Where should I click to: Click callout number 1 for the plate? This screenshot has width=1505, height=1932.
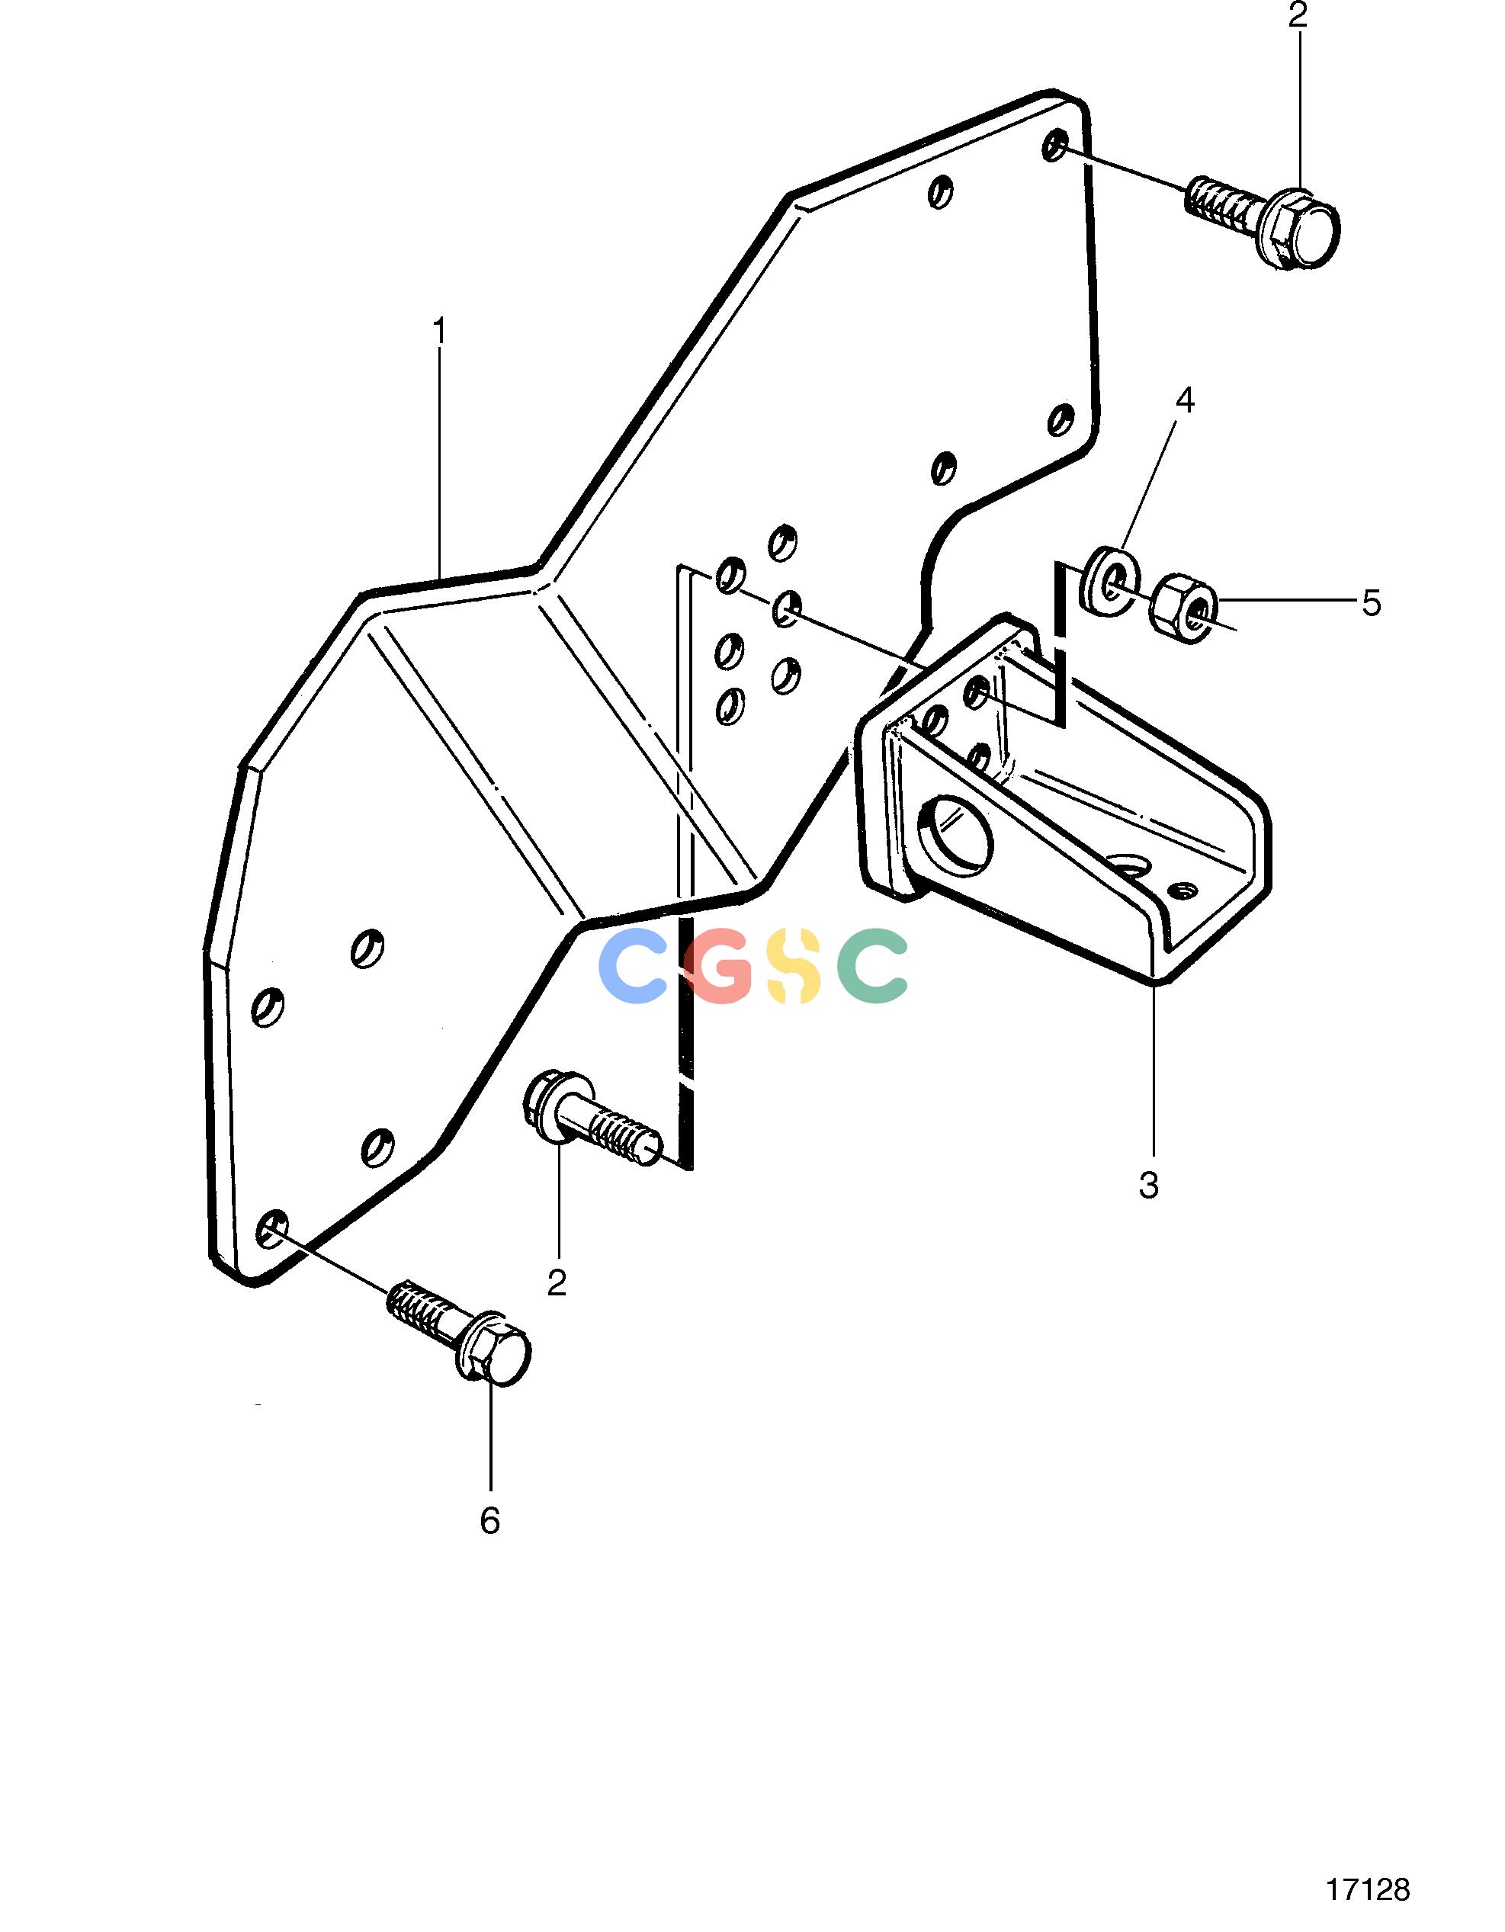pos(439,332)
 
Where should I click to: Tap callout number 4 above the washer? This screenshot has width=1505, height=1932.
pos(1185,401)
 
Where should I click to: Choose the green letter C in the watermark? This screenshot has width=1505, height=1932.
pos(871,965)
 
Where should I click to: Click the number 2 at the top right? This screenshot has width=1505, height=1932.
pos(1298,17)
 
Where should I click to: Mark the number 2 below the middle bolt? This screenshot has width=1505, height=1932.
pos(557,1282)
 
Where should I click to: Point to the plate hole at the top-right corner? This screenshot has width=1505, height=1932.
pos(1054,146)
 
